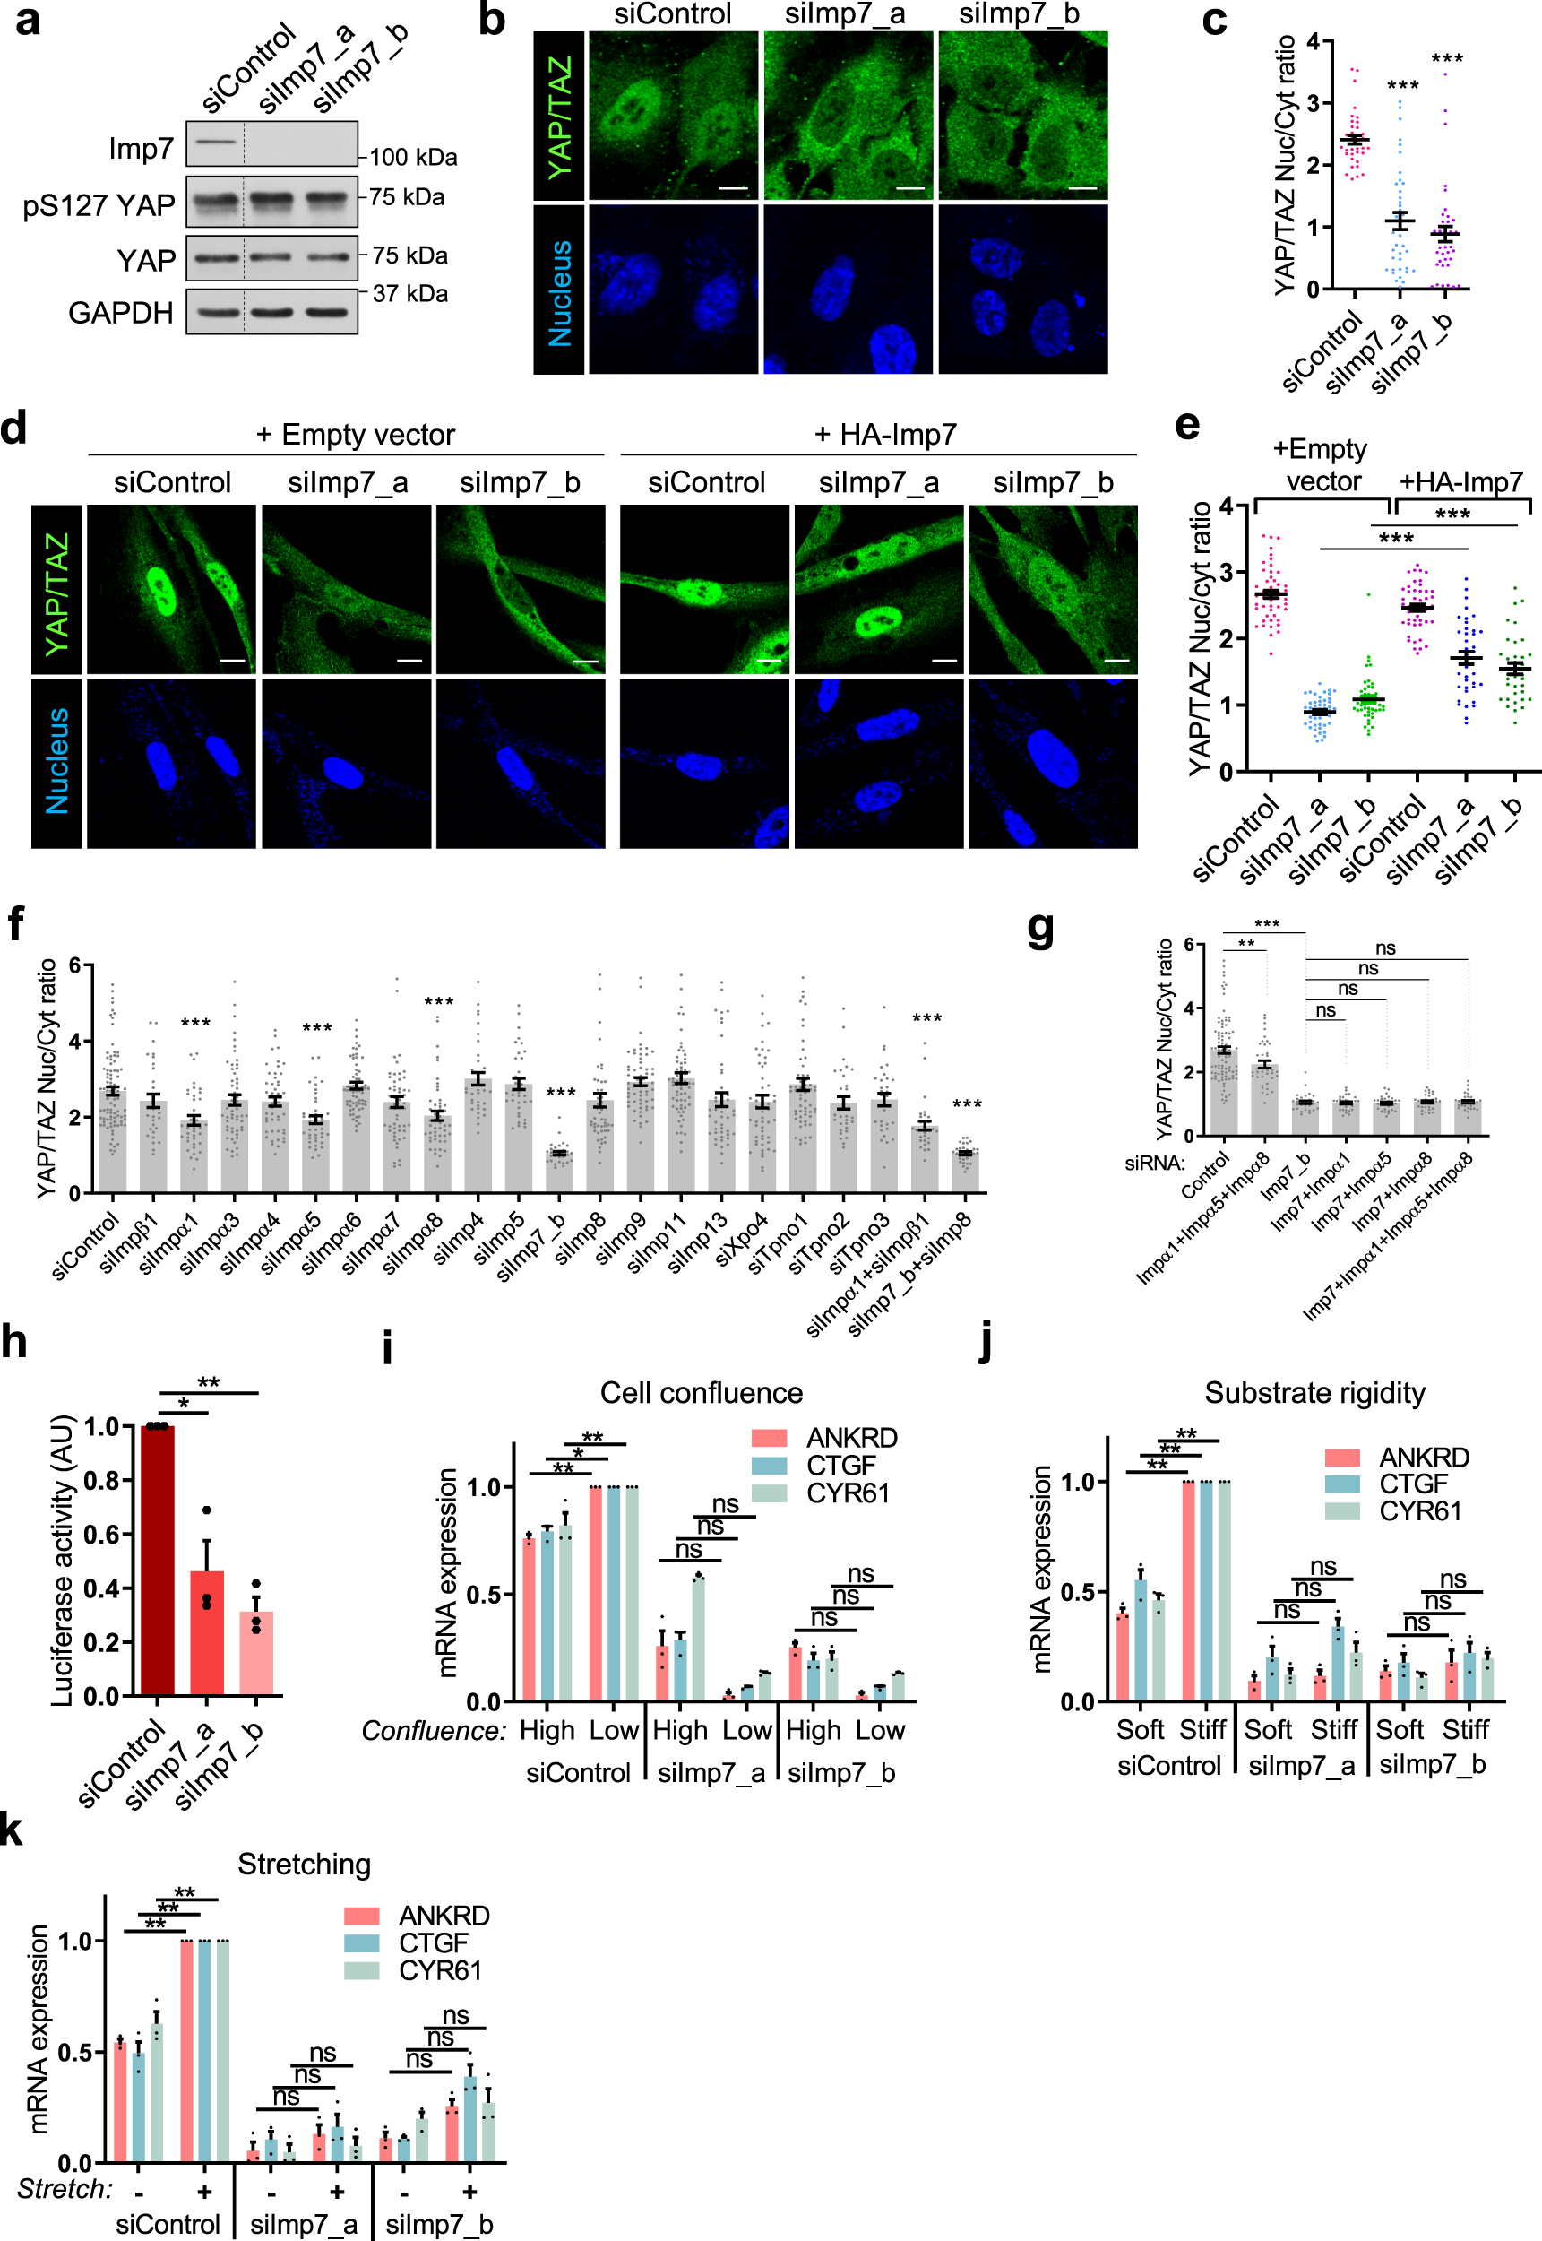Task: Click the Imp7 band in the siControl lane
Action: click(x=214, y=142)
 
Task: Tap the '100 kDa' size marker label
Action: click(x=414, y=157)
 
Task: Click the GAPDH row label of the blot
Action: click(x=121, y=313)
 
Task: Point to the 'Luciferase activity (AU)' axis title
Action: click(x=62, y=1560)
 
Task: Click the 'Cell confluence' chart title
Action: click(x=702, y=1392)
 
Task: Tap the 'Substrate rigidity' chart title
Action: click(x=1314, y=1392)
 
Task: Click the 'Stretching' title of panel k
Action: click(x=305, y=1863)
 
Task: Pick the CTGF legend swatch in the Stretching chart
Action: click(x=361, y=1942)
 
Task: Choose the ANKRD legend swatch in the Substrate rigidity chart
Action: click(x=1342, y=1457)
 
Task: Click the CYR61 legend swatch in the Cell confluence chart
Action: click(x=769, y=1493)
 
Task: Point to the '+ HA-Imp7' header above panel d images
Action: click(x=885, y=435)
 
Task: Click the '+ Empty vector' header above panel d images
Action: click(x=355, y=435)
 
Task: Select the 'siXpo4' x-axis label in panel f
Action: click(x=743, y=1241)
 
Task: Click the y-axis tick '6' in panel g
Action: click(x=1188, y=944)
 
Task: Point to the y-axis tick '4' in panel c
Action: click(x=1313, y=40)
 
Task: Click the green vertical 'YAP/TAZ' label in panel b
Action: click(x=559, y=116)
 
